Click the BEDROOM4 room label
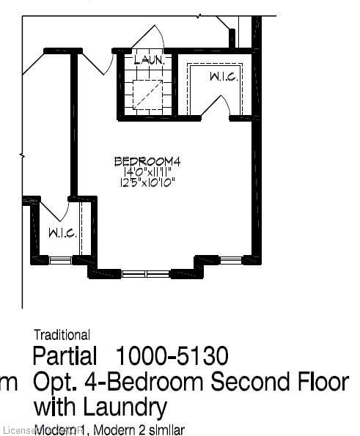pyautogui.click(x=147, y=160)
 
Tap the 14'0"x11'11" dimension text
pyautogui.click(x=147, y=171)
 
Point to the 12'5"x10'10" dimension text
pyautogui.click(x=147, y=182)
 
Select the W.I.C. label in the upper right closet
pyautogui.click(x=222, y=77)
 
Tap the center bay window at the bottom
pyautogui.click(x=145, y=274)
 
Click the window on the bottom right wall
pyautogui.click(x=231, y=259)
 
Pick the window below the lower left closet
pyautogui.click(x=60, y=259)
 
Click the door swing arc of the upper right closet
pyautogui.click(x=215, y=107)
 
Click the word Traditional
pyautogui.click(x=62, y=336)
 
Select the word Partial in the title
pyautogui.click(x=65, y=357)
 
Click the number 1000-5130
pyautogui.click(x=172, y=357)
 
